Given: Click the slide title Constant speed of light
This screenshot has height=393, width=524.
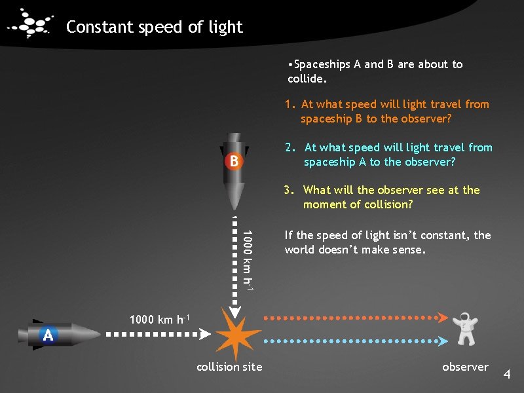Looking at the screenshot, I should coord(155,27).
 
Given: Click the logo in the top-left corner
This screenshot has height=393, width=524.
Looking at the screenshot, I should coord(29,24).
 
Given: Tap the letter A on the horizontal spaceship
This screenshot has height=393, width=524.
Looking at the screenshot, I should coord(48,335).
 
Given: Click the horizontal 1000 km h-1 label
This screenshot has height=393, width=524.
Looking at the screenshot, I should coord(160,320).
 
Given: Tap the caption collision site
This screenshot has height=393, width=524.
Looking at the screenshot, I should coord(229,367).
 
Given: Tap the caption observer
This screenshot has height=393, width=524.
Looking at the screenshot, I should coord(465,367).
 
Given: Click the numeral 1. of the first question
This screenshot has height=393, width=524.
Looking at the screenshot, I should coord(290,104).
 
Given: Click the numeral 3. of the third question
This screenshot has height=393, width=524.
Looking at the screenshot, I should coord(289,190).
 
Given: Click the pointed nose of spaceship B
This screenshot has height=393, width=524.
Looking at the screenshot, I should coord(233,205).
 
